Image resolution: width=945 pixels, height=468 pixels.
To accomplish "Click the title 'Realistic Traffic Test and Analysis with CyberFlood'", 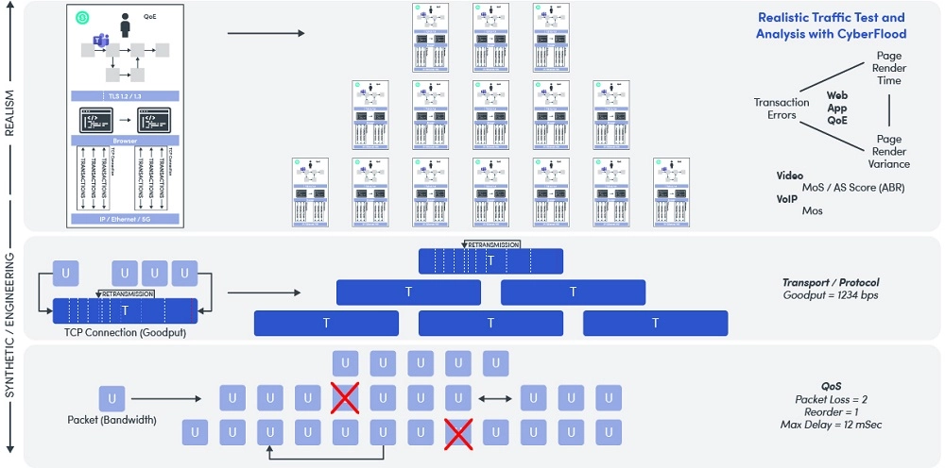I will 832,25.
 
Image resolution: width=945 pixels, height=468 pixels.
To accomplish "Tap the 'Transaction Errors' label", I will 782,109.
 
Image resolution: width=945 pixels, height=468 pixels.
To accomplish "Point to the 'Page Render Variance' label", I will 888,151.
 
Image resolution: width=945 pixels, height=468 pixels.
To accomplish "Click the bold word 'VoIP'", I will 788,199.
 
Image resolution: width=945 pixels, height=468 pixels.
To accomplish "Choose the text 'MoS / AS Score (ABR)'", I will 852,187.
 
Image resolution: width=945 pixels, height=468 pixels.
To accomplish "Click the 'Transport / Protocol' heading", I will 831,282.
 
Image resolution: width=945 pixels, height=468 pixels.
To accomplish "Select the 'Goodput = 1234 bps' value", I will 831,295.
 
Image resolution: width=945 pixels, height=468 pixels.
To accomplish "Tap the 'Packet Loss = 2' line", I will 832,399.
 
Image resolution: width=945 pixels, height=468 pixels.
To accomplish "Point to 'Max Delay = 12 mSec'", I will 832,426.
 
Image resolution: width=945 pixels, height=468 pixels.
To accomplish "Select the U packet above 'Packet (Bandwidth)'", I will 112,398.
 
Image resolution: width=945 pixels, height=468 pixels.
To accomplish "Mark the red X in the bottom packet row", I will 458,432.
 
